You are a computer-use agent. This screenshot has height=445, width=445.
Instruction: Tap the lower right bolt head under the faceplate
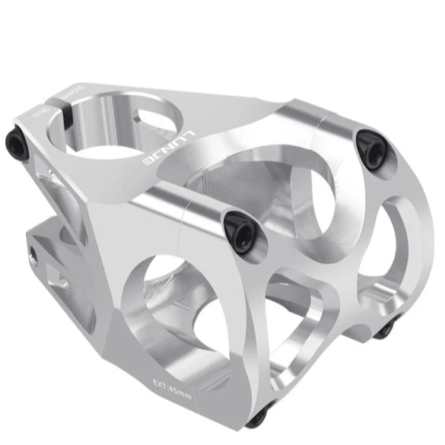385,329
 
